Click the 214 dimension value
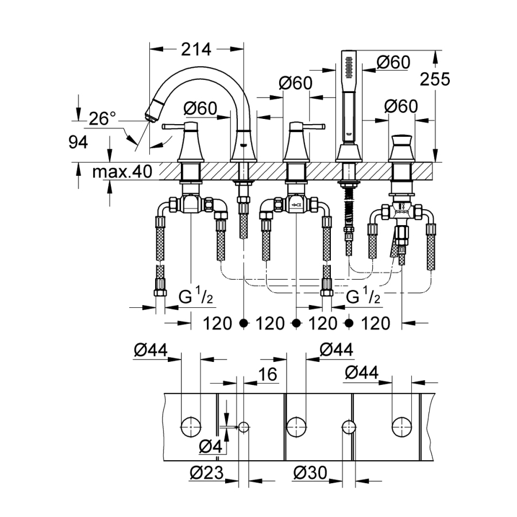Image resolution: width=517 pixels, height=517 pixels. [196, 49]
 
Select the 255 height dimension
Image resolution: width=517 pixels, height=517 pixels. [435, 79]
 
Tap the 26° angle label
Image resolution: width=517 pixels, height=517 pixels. [103, 119]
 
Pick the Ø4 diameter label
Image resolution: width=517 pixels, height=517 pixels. [210, 446]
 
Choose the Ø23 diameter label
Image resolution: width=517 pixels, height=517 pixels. [205, 473]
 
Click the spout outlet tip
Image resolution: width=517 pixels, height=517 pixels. [151, 113]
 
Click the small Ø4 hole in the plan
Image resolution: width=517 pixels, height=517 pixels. [244, 427]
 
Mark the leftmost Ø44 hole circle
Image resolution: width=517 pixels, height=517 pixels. [191, 427]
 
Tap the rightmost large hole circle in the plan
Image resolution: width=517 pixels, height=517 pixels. [402, 427]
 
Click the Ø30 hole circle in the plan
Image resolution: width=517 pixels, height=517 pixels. [349, 427]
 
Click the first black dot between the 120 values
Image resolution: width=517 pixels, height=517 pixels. [244, 323]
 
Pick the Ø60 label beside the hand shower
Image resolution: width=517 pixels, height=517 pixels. [393, 61]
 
